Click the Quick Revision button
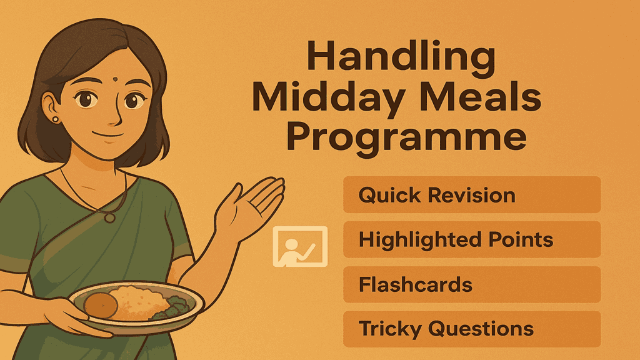click(x=472, y=194)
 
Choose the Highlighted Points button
click(x=472, y=239)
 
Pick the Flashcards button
click(x=472, y=284)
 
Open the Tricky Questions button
click(x=472, y=329)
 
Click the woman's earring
click(x=55, y=119)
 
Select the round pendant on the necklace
click(x=110, y=217)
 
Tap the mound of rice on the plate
click(x=141, y=299)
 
